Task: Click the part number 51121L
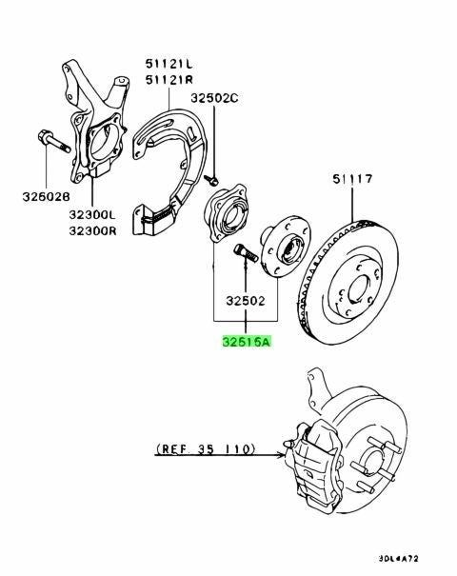point(169,64)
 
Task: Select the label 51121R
point(169,80)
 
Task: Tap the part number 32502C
point(214,98)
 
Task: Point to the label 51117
point(352,179)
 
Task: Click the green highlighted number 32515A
point(247,342)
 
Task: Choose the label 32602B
point(46,196)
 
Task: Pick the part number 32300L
point(92,214)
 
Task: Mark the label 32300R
point(92,230)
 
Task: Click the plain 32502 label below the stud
point(246,301)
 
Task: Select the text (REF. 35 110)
point(206,448)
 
